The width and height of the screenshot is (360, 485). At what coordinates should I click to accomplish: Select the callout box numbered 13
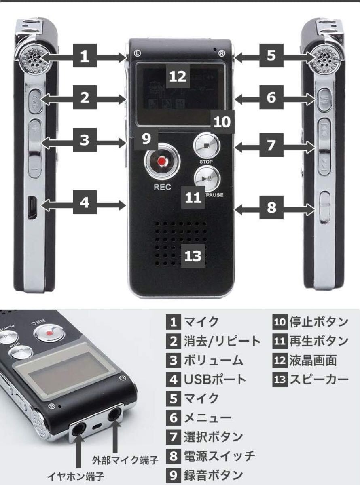pos(193,255)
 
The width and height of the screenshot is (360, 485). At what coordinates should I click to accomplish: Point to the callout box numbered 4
pos(84,202)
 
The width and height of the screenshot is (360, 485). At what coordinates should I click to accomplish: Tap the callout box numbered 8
pos(271,207)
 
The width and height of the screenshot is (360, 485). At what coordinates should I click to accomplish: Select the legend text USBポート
pos(215,380)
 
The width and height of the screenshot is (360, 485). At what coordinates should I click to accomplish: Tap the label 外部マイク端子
pos(125,460)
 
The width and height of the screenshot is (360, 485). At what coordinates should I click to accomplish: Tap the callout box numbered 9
pos(146,138)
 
